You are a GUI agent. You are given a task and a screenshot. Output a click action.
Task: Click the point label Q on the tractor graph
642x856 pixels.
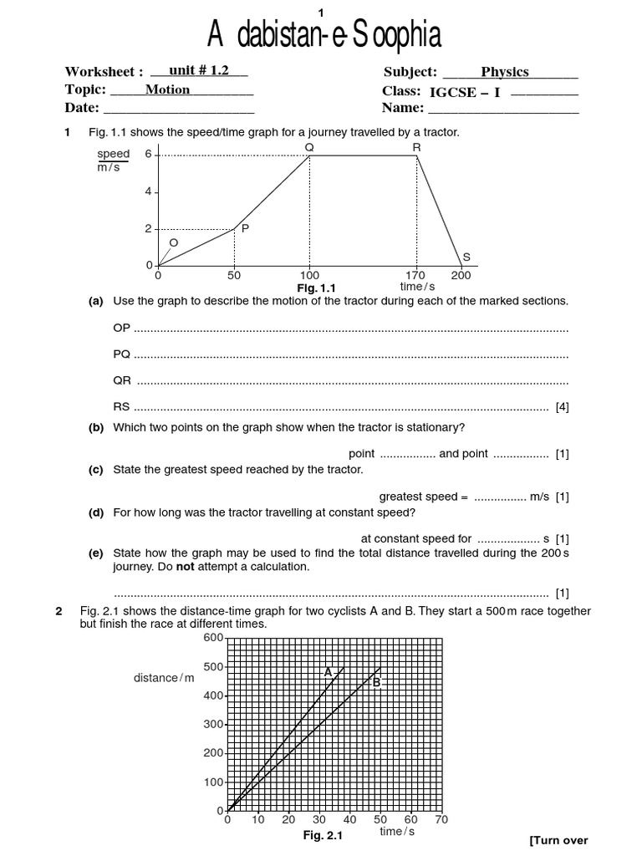point(309,147)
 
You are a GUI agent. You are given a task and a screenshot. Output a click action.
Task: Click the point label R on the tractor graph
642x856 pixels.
point(416,147)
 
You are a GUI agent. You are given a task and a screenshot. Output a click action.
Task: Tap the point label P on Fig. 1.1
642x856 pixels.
point(245,228)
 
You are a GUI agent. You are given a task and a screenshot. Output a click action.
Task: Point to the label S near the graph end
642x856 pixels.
point(466,257)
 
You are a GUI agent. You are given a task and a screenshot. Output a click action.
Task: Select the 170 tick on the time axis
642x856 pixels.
point(415,275)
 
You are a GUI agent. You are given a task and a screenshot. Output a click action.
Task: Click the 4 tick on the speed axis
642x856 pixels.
point(148,191)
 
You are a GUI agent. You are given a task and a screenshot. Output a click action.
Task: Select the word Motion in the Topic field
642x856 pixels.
point(167,89)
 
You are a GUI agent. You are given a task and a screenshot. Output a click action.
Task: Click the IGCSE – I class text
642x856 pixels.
point(464,92)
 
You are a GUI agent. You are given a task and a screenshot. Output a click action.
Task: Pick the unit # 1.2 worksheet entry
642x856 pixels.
point(198,71)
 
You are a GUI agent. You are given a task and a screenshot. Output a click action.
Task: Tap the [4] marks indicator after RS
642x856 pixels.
point(562,408)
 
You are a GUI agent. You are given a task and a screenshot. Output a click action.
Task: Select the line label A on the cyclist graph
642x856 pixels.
point(329,671)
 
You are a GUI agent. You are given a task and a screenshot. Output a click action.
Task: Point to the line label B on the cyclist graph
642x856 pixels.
point(376,683)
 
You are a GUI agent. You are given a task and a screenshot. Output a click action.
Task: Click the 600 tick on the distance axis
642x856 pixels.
point(212,638)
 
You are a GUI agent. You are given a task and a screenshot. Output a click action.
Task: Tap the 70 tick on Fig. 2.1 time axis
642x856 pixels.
point(441,820)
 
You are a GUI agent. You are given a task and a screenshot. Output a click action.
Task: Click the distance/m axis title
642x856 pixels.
point(164,678)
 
